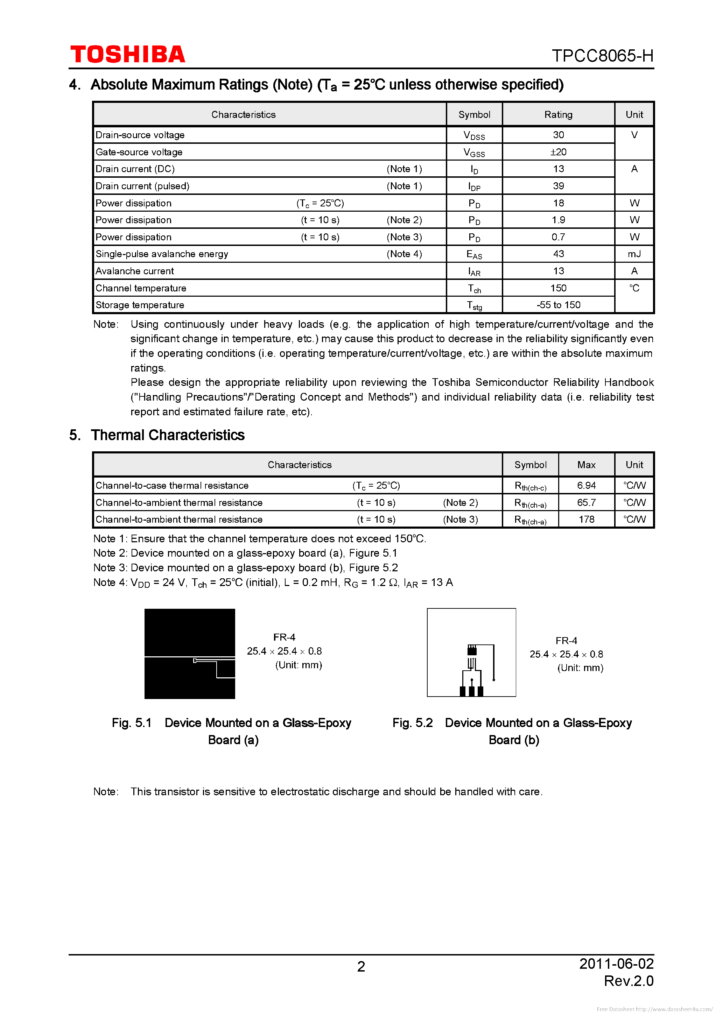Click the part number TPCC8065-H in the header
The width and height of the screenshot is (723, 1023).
pyautogui.click(x=602, y=56)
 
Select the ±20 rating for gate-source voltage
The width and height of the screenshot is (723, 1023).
pyautogui.click(x=558, y=152)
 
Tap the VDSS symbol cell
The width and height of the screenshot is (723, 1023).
pyautogui.click(x=474, y=135)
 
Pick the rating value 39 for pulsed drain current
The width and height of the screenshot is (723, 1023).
pyautogui.click(x=558, y=186)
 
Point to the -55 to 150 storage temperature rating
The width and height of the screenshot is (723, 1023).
pyautogui.click(x=558, y=305)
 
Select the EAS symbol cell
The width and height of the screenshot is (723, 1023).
pyautogui.click(x=474, y=254)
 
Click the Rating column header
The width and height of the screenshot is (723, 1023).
pyautogui.click(x=558, y=114)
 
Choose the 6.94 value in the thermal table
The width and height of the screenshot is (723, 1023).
pyautogui.click(x=586, y=486)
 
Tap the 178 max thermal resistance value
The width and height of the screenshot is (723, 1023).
pyautogui.click(x=586, y=520)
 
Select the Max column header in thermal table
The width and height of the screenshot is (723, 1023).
pyautogui.click(x=586, y=465)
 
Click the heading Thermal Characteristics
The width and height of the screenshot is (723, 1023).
pyautogui.click(x=168, y=435)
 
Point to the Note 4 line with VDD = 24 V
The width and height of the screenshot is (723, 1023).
pyautogui.click(x=273, y=583)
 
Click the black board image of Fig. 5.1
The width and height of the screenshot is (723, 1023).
pyautogui.click(x=189, y=653)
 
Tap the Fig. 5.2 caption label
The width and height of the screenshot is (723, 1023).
pyautogui.click(x=412, y=723)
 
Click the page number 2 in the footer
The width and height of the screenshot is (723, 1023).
pyautogui.click(x=361, y=966)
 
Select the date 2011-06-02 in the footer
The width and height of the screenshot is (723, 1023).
pyautogui.click(x=616, y=964)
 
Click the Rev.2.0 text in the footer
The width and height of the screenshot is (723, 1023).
pyautogui.click(x=628, y=981)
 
